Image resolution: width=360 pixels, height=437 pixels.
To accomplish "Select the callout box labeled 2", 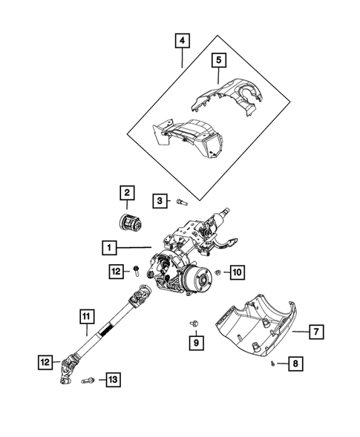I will [127, 194].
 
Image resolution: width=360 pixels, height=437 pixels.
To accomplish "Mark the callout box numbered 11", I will [88, 320].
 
